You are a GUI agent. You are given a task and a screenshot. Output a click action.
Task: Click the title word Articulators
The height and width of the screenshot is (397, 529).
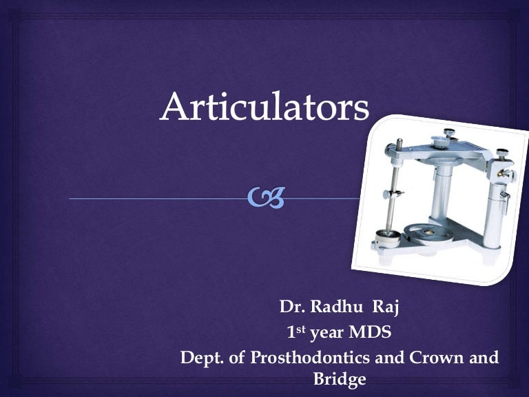pos(264,108)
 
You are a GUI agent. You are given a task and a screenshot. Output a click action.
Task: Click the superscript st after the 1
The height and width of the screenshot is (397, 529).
pos(301,329)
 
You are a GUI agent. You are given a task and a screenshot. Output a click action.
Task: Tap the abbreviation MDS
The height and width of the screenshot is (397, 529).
pos(370,334)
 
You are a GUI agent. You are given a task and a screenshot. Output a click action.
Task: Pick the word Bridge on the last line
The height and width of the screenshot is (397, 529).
pos(339,379)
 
